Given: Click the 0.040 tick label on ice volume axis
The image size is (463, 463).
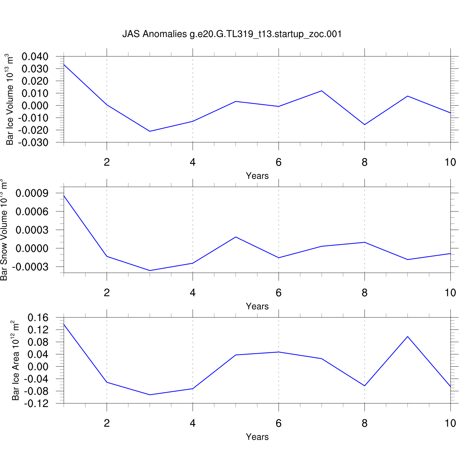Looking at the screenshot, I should coord(35,56).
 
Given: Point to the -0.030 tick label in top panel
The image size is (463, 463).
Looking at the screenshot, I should coord(33,143).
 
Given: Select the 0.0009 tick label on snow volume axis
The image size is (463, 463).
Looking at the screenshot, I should coord(32,193).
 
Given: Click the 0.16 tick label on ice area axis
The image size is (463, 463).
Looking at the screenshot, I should coord(38,318).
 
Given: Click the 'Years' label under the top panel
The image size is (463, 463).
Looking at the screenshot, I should coord(257,176).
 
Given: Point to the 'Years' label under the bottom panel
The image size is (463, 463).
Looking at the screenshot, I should coord(257,437).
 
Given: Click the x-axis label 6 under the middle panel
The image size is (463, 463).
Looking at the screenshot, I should coord(279,293).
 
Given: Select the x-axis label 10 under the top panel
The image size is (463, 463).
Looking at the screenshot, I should coord(450,162).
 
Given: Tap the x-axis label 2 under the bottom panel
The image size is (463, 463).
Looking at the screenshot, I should coord(107,423).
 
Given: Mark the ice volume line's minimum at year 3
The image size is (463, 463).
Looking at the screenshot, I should coord(150,131).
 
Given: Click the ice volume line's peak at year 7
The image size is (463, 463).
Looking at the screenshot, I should coord(322,91).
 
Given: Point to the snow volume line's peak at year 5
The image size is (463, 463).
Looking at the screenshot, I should coord(236,237).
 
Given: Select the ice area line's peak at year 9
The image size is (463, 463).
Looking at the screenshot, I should coord(408,336).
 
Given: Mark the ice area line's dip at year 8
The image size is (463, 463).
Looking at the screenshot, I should coord(365,386).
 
